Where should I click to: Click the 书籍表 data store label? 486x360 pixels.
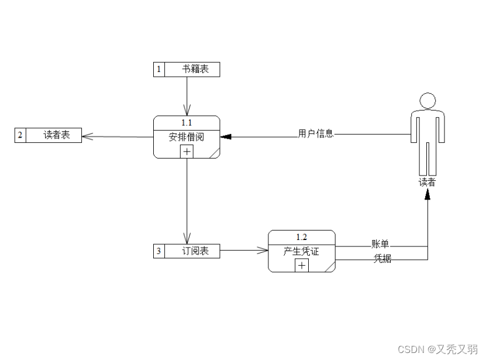coord(195,69)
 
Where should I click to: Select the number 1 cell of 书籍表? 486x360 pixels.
coord(159,69)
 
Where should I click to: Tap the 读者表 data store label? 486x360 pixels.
coord(57,135)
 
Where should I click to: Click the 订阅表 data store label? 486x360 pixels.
coord(195,251)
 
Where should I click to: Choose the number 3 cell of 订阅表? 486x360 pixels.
coord(159,251)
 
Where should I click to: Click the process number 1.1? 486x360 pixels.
coord(187,122)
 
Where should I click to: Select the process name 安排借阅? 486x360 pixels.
coord(187,137)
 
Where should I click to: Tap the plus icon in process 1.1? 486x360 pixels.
coord(187,152)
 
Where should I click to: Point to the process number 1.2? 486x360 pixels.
coord(301,236)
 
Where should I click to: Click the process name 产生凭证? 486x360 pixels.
coord(301,251)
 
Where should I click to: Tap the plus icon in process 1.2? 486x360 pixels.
coord(301,266)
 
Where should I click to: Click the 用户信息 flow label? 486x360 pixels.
coord(316,133)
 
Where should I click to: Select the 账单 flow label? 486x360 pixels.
coord(380,244)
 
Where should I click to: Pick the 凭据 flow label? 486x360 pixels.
coord(382,259)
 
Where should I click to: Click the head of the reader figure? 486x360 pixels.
coord(428,101)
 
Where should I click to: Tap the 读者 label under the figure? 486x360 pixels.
coord(427,182)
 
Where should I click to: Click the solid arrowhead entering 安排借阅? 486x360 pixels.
coord(226,137)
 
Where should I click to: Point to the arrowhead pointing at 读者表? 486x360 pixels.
coord(87,136)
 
